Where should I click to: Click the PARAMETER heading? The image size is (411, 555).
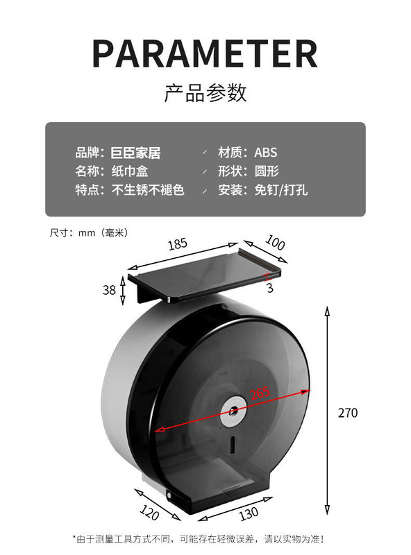205,53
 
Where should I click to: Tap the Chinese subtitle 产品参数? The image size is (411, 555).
205,93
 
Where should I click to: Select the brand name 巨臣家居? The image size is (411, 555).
135,153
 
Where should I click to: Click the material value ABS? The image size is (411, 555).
266,153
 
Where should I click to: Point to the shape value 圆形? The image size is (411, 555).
267,171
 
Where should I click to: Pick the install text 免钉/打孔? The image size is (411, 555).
280,190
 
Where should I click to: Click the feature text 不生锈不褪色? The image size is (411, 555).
148,190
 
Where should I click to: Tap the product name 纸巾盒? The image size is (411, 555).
130,171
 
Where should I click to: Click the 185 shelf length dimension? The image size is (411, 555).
178,244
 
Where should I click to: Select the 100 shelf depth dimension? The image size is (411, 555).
275,243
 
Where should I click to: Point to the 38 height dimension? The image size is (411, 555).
109,290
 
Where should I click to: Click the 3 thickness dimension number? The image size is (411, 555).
270,288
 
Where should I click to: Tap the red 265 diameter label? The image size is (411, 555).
260,393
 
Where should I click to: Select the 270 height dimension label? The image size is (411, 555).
348,413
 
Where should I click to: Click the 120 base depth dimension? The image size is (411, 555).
149,512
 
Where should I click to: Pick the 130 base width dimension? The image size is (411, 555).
249,514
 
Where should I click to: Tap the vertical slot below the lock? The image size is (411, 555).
233,444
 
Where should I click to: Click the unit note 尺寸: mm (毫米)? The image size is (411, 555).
89,232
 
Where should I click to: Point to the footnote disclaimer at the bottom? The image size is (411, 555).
199,539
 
